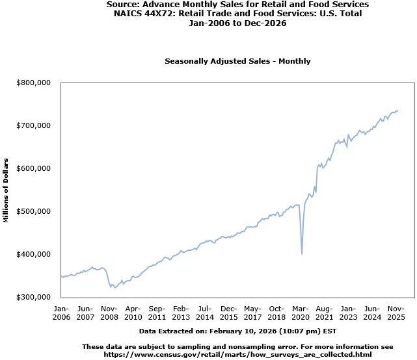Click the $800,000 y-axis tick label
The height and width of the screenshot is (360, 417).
(34, 83)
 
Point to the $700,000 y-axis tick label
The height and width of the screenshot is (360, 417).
(34, 125)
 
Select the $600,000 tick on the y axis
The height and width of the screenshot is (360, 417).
(34, 168)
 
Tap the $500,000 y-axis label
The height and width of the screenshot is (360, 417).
(34, 211)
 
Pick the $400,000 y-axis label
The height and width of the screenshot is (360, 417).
(34, 254)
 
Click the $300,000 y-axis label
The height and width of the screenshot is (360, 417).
(34, 297)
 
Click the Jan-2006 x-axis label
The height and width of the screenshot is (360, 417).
(61, 313)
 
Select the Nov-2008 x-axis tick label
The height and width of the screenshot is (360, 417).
(109, 313)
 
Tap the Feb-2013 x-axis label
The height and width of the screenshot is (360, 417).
(181, 313)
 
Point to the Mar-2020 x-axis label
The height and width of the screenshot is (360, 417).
(300, 313)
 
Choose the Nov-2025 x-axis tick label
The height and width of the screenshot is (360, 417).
(396, 313)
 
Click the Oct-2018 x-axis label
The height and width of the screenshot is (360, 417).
(276, 313)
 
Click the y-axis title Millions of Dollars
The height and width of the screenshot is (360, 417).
(6, 190)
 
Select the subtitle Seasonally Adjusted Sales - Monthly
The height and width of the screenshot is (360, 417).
(237, 61)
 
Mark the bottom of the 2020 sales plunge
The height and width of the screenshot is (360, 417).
(302, 253)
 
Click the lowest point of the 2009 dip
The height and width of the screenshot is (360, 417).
(115, 287)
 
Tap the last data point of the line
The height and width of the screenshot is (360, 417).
(397, 110)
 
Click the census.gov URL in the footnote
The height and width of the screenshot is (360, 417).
(237, 354)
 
